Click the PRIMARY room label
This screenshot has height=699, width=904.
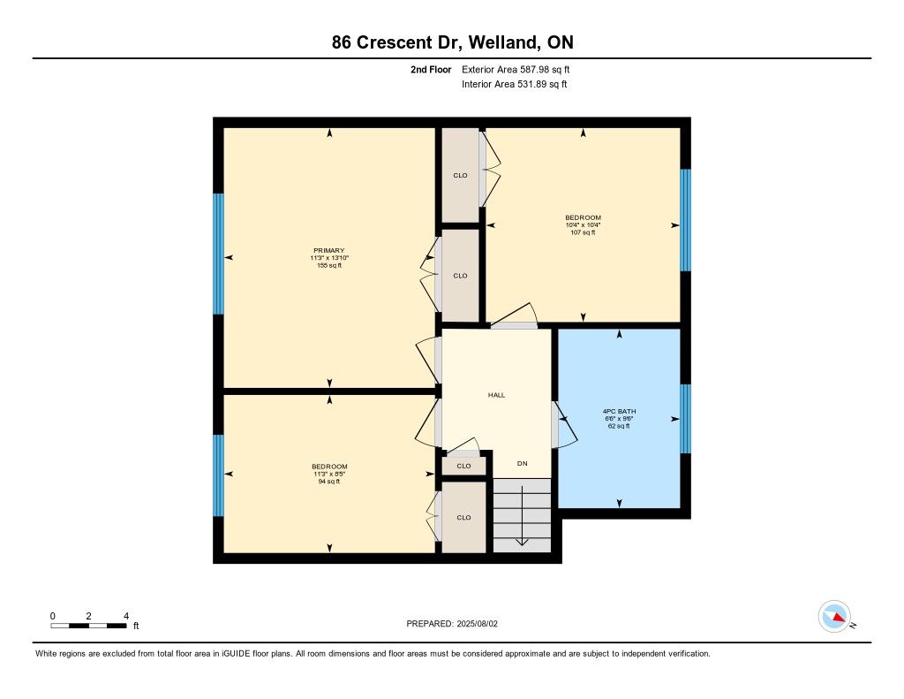point(329,250)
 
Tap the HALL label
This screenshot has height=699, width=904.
point(496,395)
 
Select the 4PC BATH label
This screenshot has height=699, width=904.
point(619,412)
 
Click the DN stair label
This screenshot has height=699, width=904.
point(523,464)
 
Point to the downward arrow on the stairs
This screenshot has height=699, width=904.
point(522,515)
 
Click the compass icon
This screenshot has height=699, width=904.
point(835,617)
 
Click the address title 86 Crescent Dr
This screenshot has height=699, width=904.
point(397,42)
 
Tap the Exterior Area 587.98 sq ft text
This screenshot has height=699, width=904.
point(516,69)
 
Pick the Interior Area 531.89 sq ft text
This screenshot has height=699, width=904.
point(515,84)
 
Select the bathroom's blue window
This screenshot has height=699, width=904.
point(685,419)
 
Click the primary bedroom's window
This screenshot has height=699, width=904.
point(219,254)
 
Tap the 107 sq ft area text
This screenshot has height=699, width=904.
point(583,232)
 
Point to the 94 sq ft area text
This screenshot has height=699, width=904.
point(329,482)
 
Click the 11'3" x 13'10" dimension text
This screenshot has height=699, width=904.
point(329,258)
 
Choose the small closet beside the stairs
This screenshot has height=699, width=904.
point(463,466)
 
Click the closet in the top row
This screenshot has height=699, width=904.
point(460,175)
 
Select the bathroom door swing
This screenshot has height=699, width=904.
point(564,425)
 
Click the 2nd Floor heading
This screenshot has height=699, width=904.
point(431,69)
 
